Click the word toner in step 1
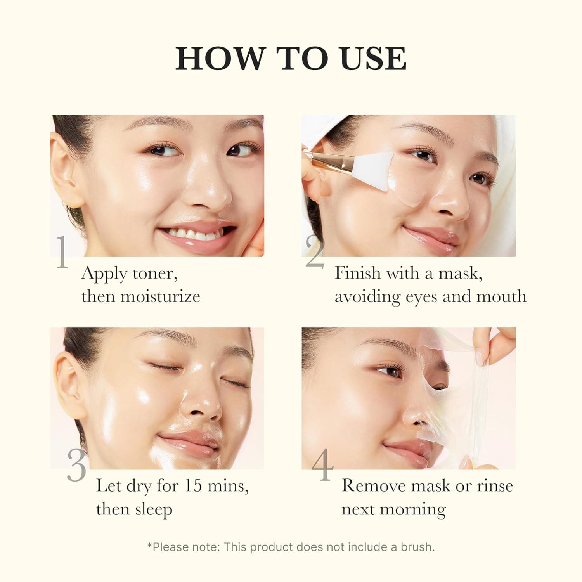pos(155,274)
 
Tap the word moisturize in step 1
pos(160,297)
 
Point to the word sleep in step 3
pos(153,509)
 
